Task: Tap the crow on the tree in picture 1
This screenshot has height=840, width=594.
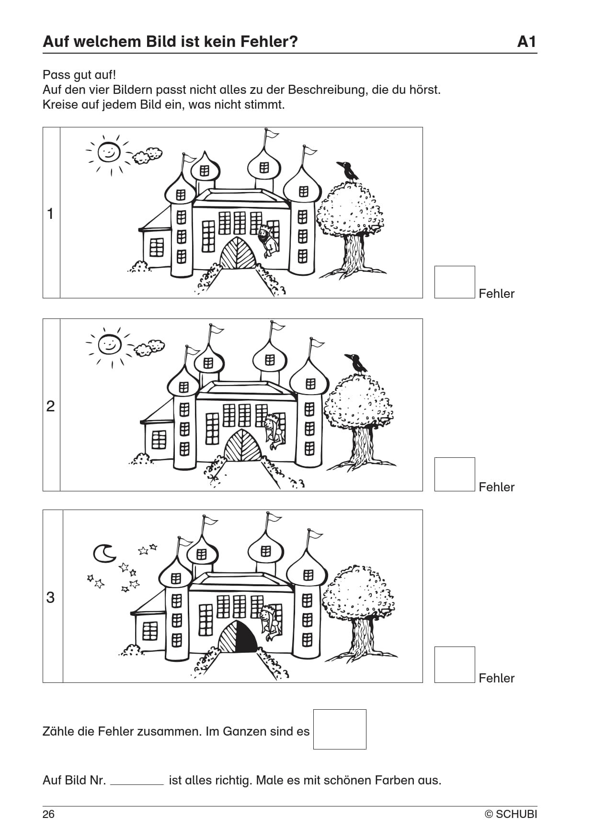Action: pyautogui.click(x=348, y=171)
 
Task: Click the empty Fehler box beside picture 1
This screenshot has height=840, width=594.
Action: pyautogui.click(x=454, y=282)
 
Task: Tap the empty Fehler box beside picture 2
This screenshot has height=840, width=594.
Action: pyautogui.click(x=454, y=474)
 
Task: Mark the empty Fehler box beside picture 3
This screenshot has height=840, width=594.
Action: pyautogui.click(x=454, y=665)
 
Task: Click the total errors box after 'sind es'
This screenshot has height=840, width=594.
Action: pyautogui.click(x=340, y=729)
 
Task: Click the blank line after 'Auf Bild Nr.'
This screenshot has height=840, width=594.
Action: pyautogui.click(x=137, y=782)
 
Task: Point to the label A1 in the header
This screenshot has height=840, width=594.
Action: pyautogui.click(x=526, y=42)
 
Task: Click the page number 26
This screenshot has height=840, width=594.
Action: pyautogui.click(x=49, y=814)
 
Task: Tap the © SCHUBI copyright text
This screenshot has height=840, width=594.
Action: pyautogui.click(x=511, y=814)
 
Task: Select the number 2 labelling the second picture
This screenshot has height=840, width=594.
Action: pyautogui.click(x=51, y=406)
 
